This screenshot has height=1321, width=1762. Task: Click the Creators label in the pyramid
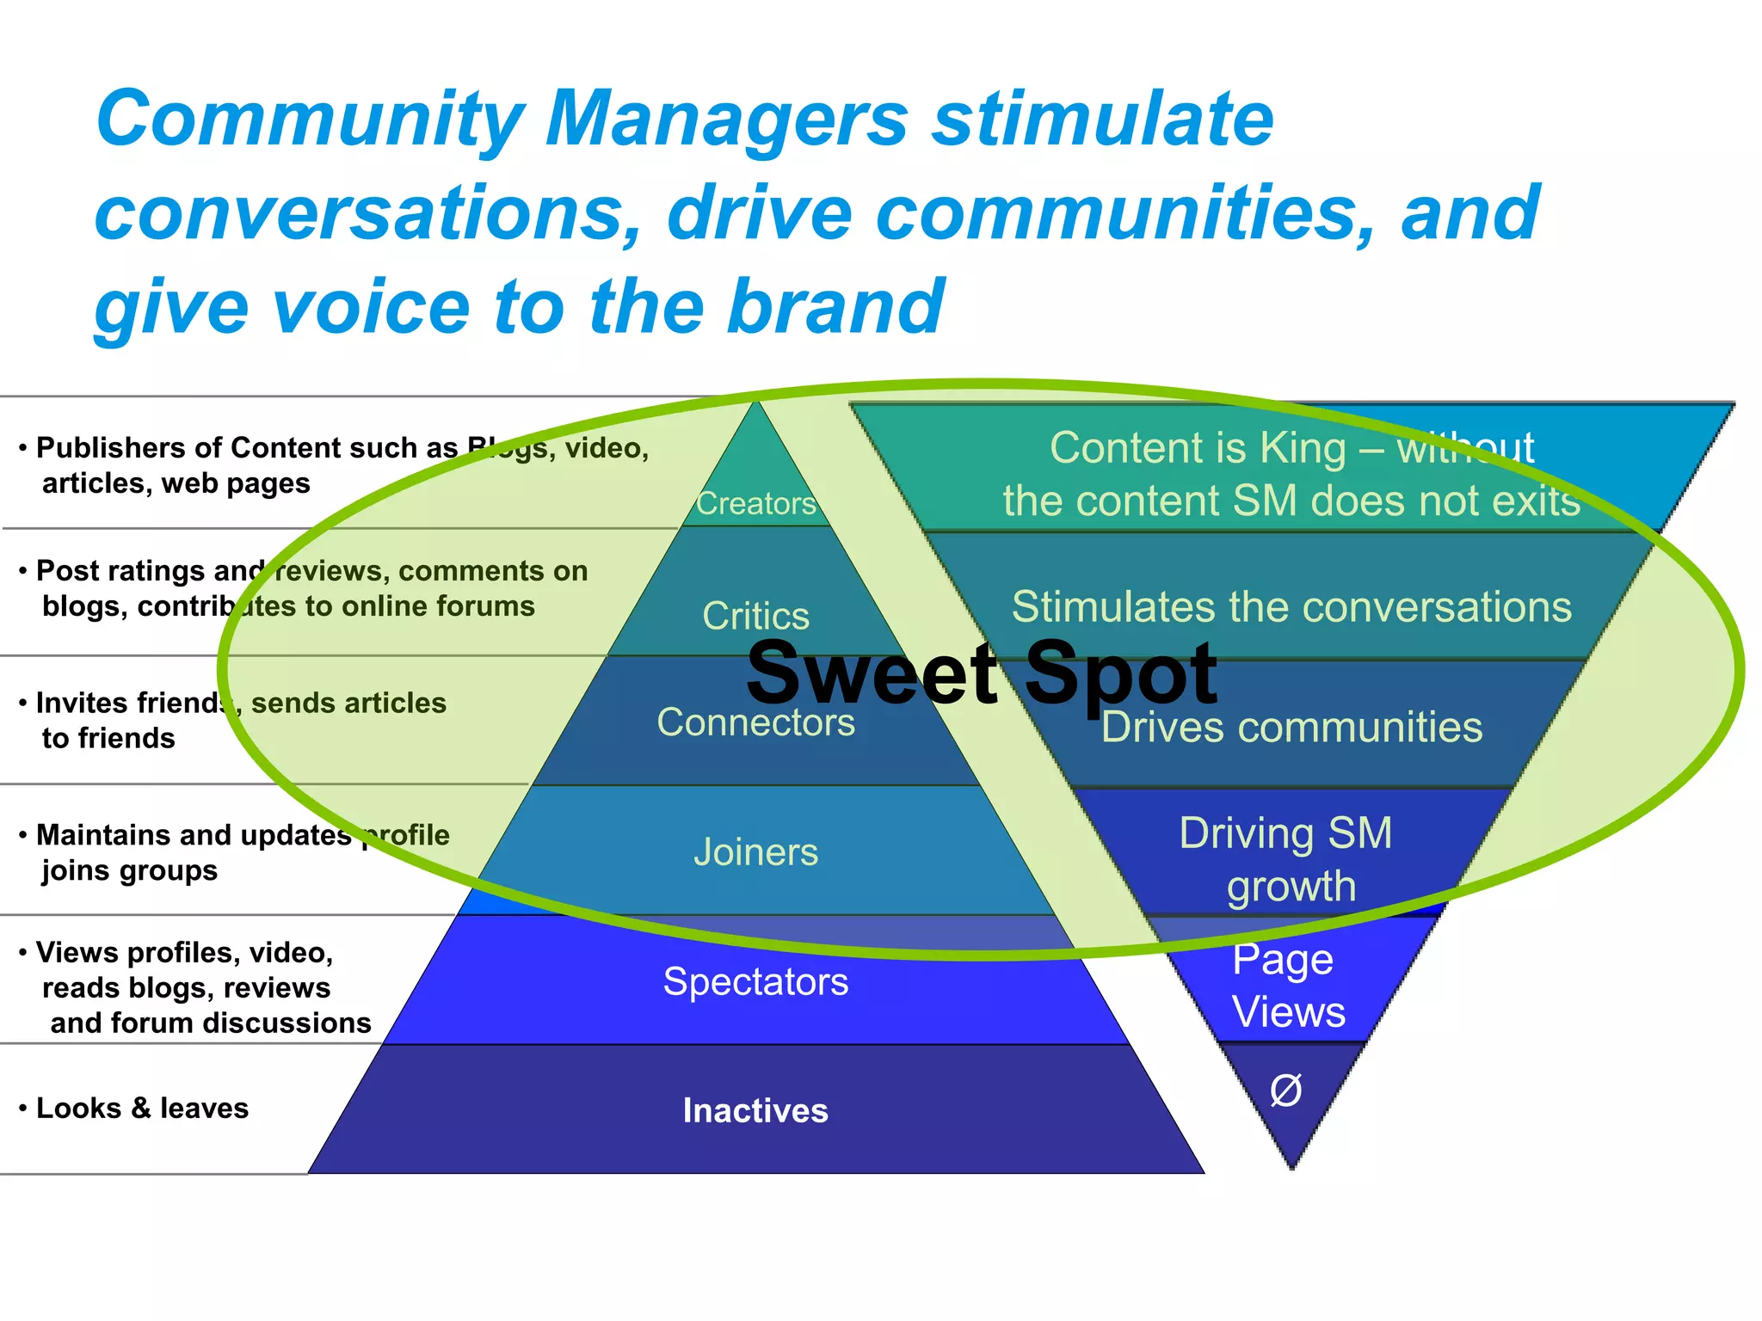(755, 503)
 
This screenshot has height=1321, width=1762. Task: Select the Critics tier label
(755, 616)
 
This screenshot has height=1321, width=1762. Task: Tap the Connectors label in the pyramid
(755, 722)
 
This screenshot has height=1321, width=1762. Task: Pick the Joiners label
(755, 852)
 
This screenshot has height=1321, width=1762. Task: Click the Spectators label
(755, 981)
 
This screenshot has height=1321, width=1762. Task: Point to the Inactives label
(755, 1110)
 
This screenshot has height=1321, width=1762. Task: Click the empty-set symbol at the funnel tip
(1286, 1091)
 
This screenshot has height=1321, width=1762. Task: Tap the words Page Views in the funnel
(1287, 986)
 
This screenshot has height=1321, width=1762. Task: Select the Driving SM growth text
(1287, 859)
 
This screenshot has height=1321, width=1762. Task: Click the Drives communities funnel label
(1291, 728)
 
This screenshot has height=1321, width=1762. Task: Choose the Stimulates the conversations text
(1291, 606)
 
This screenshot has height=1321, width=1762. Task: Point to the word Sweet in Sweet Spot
(871, 673)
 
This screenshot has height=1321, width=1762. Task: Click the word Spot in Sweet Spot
(1120, 674)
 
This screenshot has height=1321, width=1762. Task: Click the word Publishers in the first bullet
(111, 448)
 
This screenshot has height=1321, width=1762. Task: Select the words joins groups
(129, 870)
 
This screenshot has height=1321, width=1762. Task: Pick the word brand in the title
(835, 307)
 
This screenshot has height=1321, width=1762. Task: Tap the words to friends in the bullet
(108, 739)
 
